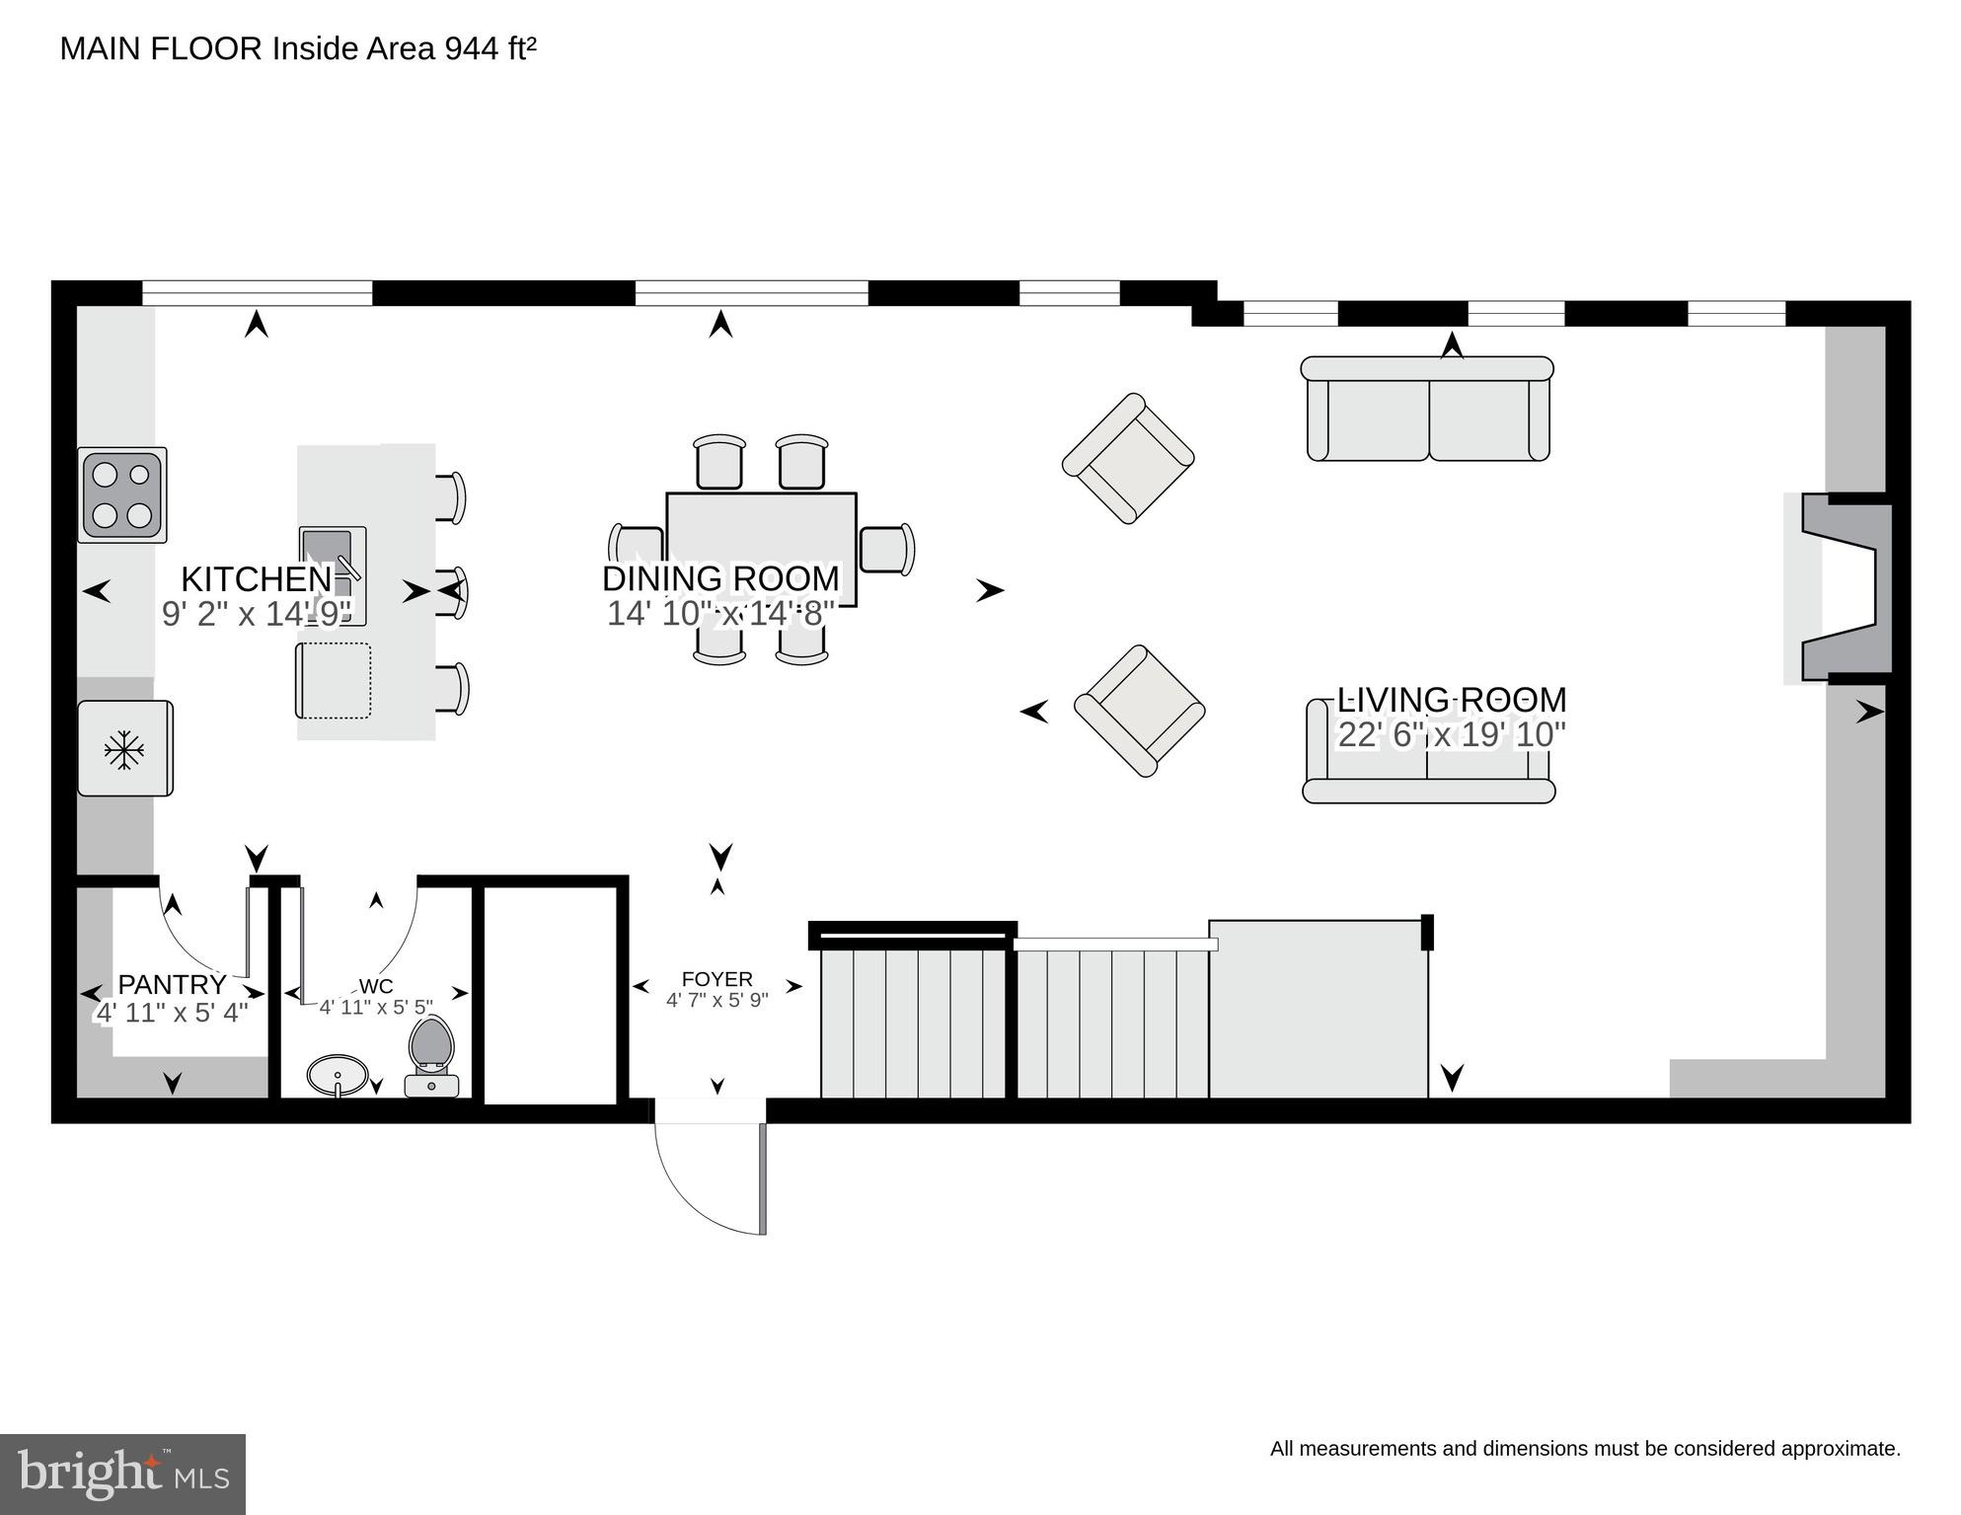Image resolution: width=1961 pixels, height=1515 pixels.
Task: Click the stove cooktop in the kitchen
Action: coord(122,495)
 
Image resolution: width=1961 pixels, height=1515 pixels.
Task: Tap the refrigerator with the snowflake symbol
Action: coord(125,748)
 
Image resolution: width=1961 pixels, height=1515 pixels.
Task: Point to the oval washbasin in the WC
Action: coord(338,1073)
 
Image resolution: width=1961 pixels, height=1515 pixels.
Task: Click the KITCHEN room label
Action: coord(257,578)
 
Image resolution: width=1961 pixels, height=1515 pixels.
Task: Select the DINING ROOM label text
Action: coord(720,578)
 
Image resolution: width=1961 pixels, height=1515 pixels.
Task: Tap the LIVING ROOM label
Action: coord(1451,700)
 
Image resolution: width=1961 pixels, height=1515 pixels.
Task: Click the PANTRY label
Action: coord(172,984)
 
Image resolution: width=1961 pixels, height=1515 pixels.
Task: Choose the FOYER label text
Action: coord(717,979)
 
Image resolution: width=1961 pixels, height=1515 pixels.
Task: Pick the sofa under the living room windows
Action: coord(1428,409)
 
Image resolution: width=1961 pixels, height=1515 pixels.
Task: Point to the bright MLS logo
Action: coord(122,1475)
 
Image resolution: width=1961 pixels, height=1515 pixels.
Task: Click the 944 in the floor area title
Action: coord(472,48)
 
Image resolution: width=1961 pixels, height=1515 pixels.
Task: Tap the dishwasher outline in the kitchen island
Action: coord(334,681)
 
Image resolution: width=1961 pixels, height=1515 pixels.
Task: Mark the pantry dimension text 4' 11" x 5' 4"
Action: coord(172,1013)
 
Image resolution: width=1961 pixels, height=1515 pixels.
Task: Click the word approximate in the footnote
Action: coord(1844,1449)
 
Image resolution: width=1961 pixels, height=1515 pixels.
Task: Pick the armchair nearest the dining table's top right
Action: coord(1128,458)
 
